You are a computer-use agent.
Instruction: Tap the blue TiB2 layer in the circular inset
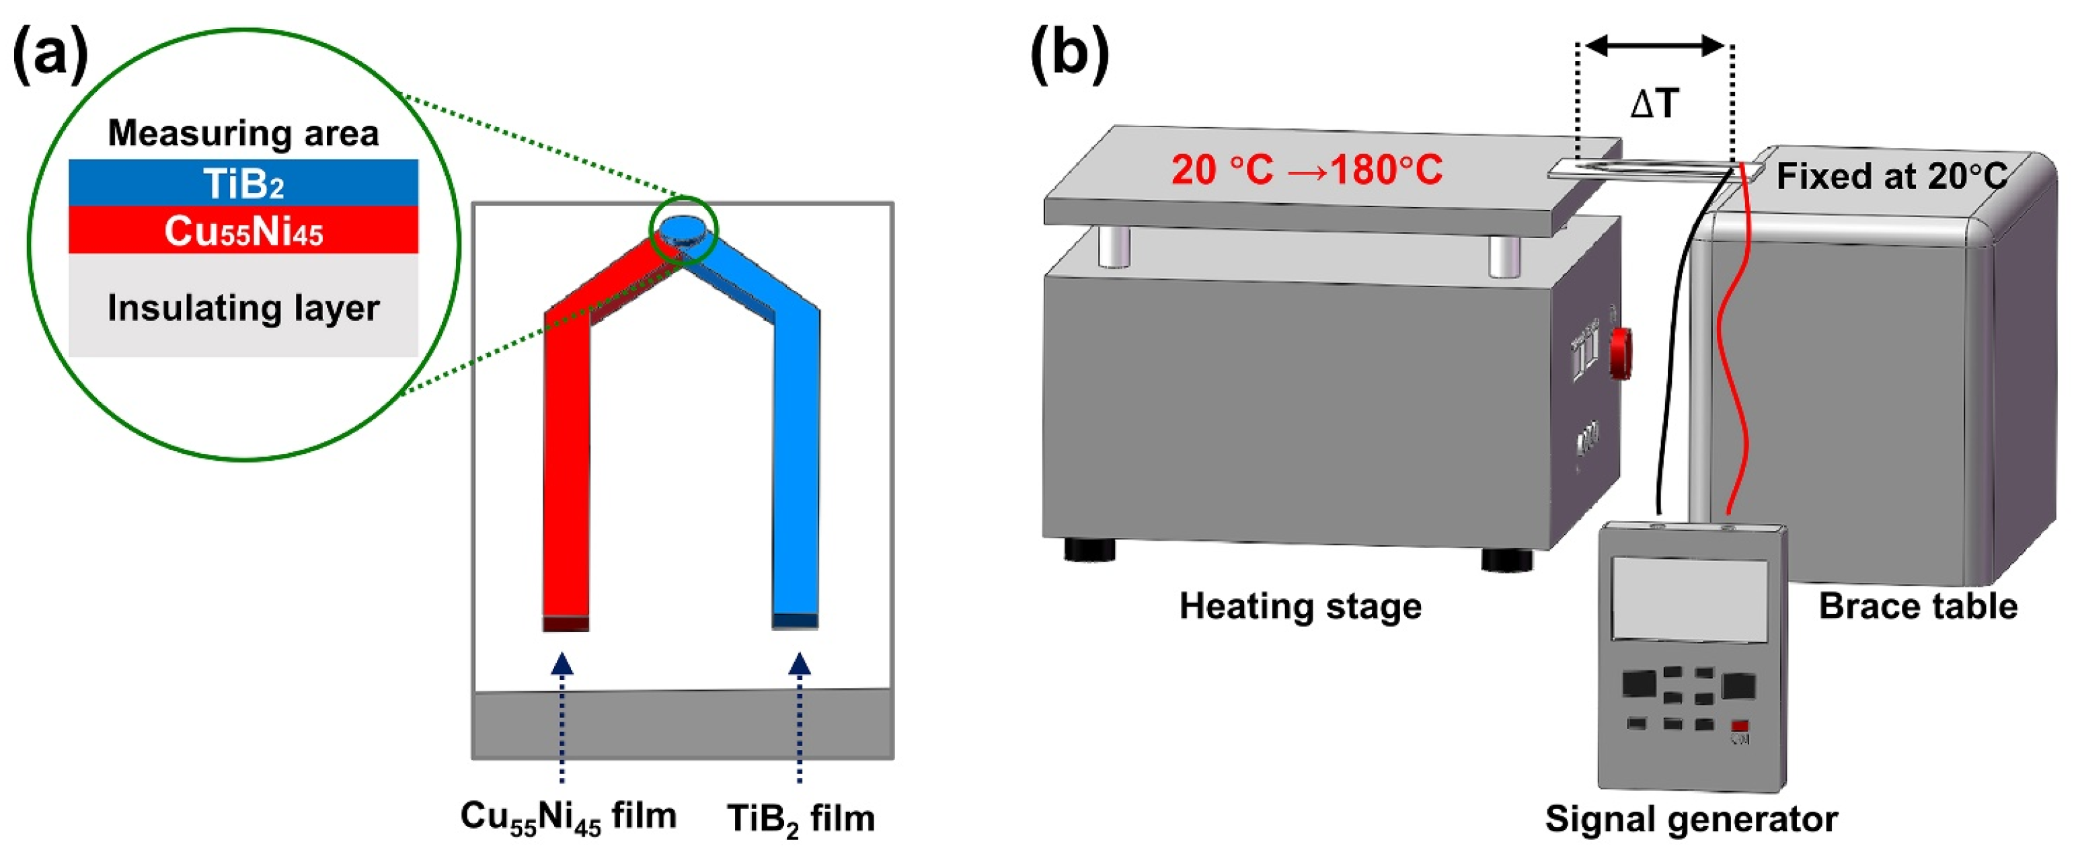243,183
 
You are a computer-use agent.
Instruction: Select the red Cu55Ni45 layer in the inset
243,231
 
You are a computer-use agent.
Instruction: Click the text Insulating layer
243,308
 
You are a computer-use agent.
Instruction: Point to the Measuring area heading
243,133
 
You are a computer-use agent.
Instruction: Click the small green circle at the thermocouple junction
684,228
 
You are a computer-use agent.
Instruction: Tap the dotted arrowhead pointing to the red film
562,664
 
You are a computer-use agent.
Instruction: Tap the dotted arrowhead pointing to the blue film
800,664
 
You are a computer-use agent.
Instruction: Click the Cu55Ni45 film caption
568,816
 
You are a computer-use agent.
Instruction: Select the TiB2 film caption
800,819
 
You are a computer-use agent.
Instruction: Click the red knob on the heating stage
1621,353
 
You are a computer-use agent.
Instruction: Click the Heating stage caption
1300,606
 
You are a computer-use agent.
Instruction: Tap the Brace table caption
1918,606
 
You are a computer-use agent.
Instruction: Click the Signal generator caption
1691,819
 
